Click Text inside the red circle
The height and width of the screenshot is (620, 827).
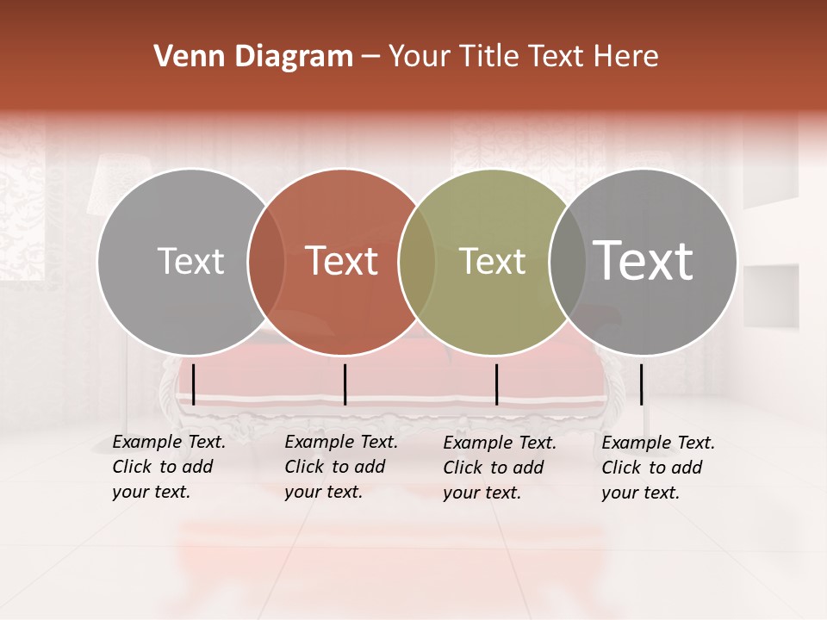342,261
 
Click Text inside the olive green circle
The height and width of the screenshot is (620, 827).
492,261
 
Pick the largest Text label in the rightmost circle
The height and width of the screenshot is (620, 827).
644,260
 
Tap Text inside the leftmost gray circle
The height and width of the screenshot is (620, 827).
190,261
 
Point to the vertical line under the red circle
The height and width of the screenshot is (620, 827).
345,384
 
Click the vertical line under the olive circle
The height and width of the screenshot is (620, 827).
496,384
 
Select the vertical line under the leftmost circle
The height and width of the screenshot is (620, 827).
194,384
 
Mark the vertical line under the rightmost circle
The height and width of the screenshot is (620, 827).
641,384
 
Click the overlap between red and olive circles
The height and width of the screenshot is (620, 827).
417,262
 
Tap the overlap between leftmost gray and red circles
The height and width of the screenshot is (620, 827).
266,262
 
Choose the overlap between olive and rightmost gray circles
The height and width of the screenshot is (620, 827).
568,262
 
